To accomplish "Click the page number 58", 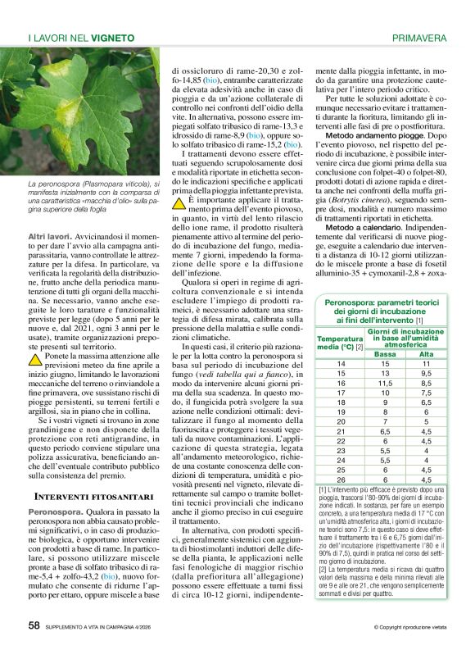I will coord(34,625).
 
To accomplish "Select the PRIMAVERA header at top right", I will coord(418,38).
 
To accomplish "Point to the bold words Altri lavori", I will coord(48,236).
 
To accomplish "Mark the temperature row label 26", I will coord(341,480).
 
